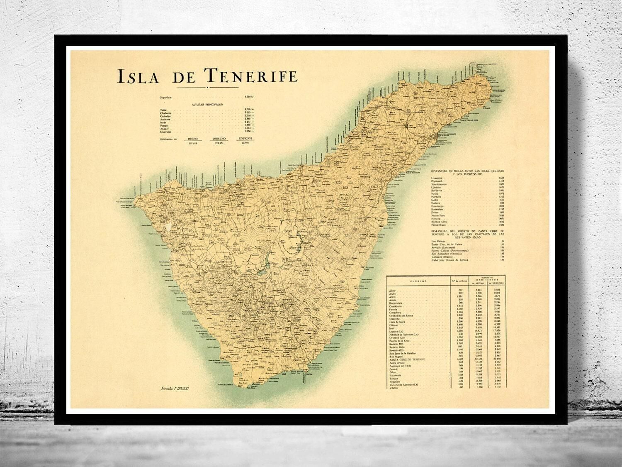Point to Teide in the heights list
[x=163, y=110]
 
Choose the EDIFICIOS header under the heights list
[x=244, y=139]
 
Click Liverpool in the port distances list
[x=438, y=178]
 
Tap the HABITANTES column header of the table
[x=487, y=281]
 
